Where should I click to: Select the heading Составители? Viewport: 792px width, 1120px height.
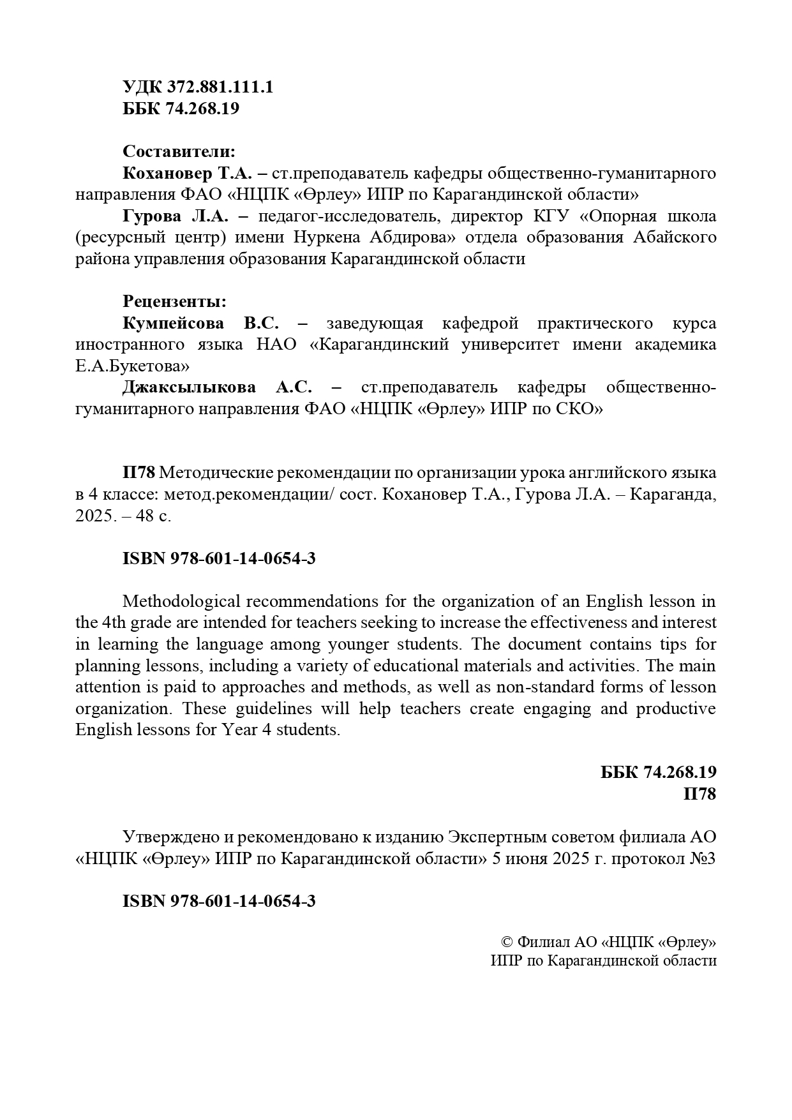point(179,152)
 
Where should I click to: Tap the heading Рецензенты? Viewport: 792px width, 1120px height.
point(174,301)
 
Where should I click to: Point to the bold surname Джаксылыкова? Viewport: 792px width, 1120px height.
point(189,387)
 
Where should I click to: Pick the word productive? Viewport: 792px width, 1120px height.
point(676,709)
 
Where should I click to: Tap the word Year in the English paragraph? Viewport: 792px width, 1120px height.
point(239,730)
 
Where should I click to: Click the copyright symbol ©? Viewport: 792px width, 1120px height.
point(507,943)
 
